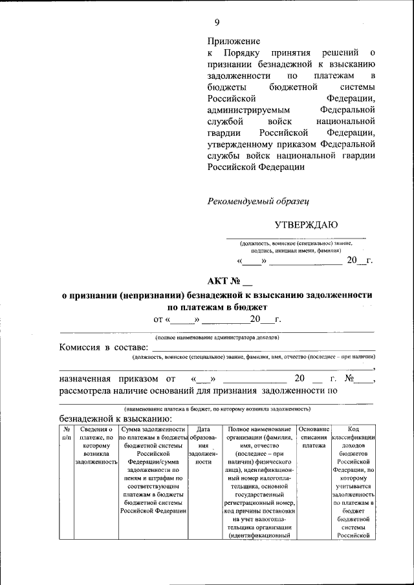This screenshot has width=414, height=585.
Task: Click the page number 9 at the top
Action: point(217,23)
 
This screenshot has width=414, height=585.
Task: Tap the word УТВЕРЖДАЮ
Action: point(306,225)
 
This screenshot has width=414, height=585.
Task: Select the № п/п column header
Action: point(66,433)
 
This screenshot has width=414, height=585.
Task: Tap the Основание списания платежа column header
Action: point(314,438)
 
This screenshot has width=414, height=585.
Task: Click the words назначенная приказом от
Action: point(116,379)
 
